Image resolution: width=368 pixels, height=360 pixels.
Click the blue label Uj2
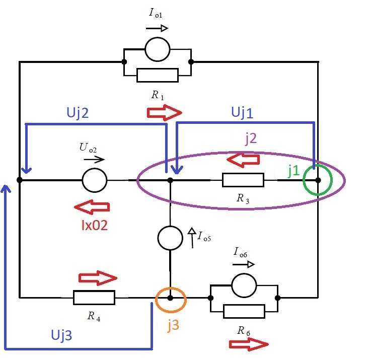coord(78,112)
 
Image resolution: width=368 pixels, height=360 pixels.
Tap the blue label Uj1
coord(242,112)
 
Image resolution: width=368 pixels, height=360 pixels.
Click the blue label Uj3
coord(61,335)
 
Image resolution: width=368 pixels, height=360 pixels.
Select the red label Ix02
coord(95,225)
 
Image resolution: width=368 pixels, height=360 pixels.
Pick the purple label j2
coord(251,138)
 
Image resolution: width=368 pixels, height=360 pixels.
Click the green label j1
coord(293,171)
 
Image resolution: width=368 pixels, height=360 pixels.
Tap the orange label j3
coord(174,325)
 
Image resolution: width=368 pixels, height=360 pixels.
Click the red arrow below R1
coord(164,113)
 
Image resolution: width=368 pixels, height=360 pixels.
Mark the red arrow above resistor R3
coord(243,160)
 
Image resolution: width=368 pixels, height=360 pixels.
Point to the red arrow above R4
coord(98,278)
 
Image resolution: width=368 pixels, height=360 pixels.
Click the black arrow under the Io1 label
coord(157,28)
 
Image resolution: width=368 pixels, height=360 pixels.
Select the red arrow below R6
coord(249,344)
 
